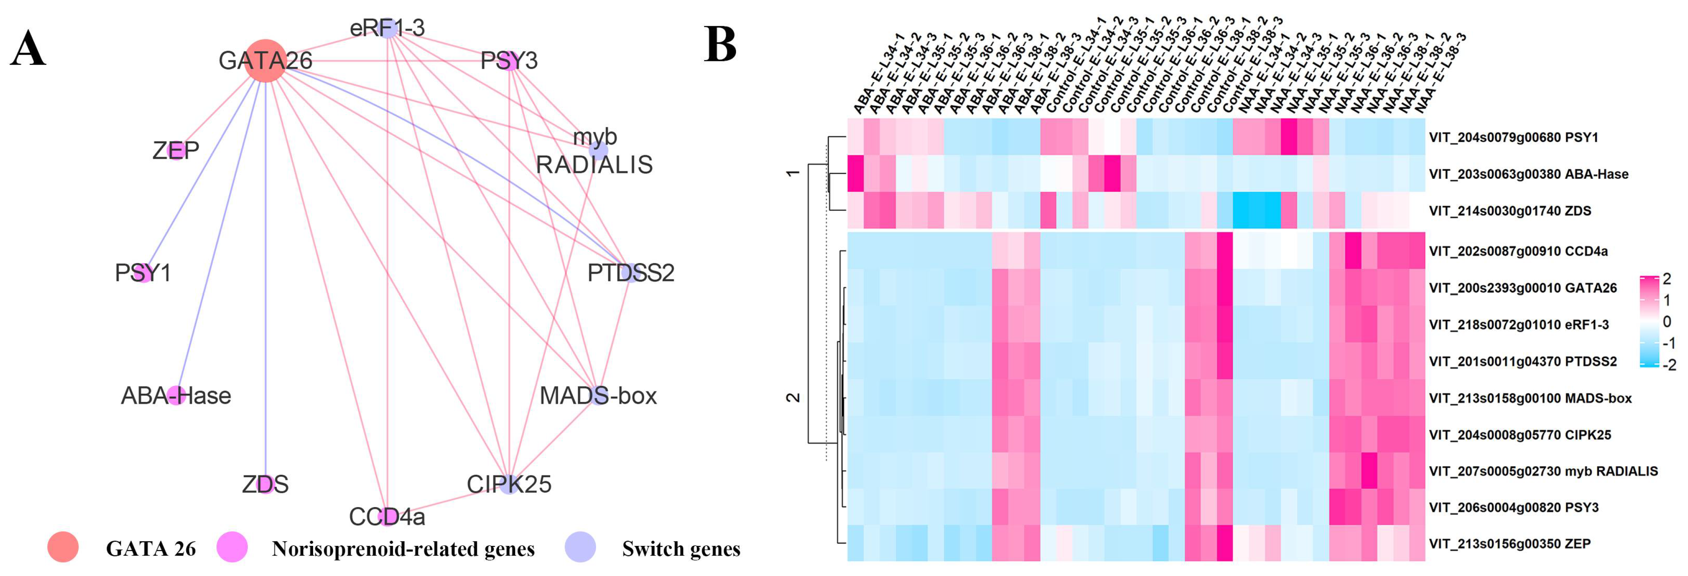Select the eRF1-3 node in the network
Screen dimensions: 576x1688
tap(388, 28)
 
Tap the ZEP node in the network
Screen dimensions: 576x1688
tap(176, 151)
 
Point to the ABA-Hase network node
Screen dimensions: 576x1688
tap(176, 395)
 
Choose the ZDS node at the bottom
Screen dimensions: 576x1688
tap(266, 484)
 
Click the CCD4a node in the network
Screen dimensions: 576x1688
tap(388, 516)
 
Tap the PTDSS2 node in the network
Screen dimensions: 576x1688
tap(631, 272)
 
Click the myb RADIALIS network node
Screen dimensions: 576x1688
tap(598, 151)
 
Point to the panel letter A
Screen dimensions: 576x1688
tap(28, 49)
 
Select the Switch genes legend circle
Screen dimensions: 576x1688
tap(580, 547)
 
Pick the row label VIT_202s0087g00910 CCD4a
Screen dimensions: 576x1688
tap(1518, 251)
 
